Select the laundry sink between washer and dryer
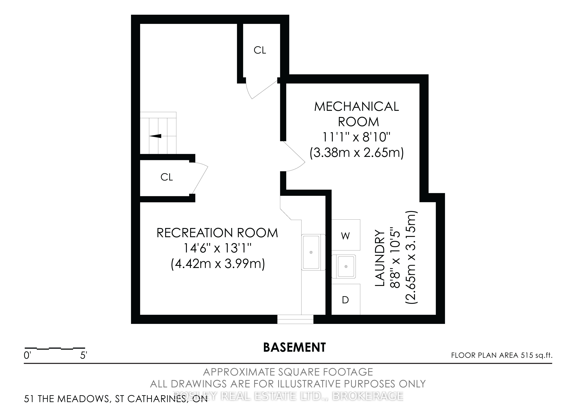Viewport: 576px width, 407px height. tap(344, 266)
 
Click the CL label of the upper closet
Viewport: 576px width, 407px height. tap(260, 50)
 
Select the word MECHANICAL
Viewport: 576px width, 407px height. tap(357, 107)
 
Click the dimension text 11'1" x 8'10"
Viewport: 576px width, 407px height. tap(357, 137)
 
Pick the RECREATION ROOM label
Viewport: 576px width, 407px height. tap(217, 233)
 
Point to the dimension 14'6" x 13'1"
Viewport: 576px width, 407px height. tap(217, 248)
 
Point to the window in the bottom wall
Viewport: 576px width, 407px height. tap(295, 319)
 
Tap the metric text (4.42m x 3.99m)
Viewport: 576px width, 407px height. tap(218, 264)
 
